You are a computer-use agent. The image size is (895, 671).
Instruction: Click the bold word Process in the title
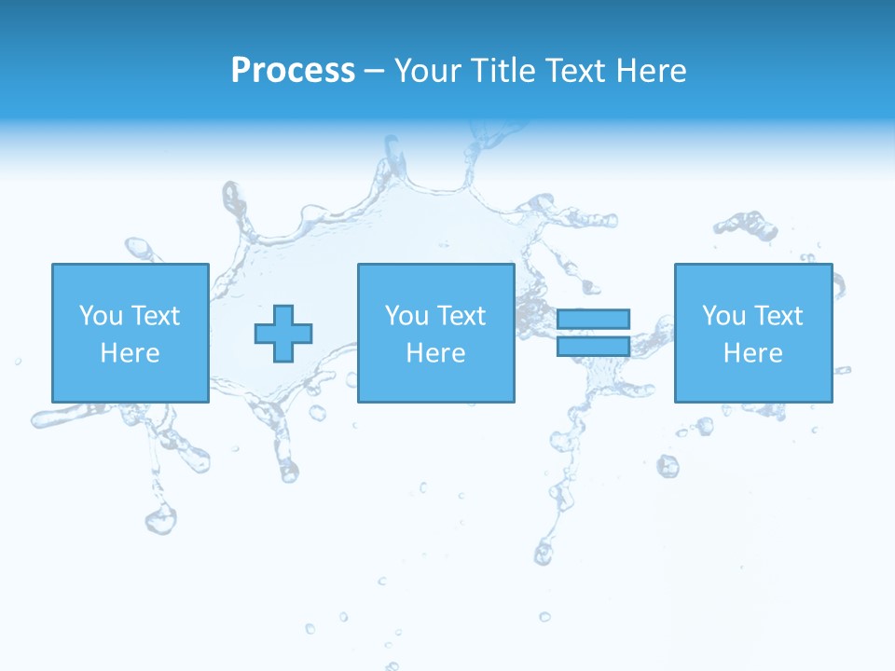(x=293, y=71)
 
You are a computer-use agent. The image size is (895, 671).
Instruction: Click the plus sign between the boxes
(x=283, y=333)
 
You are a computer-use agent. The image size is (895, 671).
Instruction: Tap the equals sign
(x=593, y=333)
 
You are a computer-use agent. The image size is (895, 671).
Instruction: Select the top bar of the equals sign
(x=593, y=319)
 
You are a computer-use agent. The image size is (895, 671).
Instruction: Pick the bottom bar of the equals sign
(x=593, y=347)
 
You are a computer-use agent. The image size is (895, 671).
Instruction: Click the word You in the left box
(x=101, y=316)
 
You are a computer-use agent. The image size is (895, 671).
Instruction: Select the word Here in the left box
(x=130, y=353)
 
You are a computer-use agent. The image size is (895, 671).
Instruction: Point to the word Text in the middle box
(x=461, y=316)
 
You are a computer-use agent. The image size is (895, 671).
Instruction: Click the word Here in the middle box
(x=435, y=353)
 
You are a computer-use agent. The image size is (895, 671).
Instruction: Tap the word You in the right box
(x=723, y=316)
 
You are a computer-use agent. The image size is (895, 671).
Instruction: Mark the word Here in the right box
(x=752, y=353)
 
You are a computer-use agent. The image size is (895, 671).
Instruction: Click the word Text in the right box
(x=778, y=316)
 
